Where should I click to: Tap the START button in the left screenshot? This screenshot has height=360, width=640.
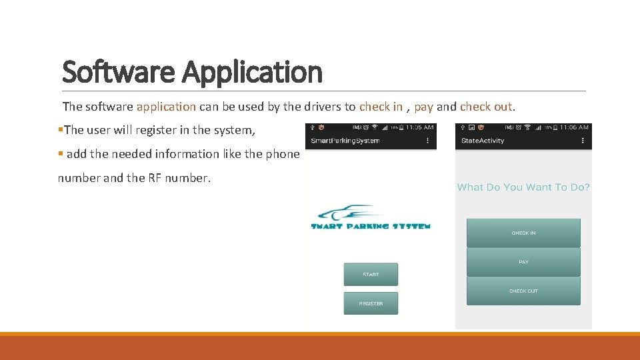(371, 275)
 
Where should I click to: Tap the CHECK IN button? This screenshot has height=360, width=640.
(523, 233)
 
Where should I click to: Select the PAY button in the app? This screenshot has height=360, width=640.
(523, 262)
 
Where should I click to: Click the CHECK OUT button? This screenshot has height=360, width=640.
(523, 291)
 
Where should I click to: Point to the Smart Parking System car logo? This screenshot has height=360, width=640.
(371, 217)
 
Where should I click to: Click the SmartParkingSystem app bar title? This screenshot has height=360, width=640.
(345, 141)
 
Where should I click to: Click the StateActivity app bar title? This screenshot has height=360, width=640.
(483, 141)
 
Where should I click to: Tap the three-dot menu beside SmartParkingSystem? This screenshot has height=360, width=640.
(427, 141)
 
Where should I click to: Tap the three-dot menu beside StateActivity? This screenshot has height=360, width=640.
(583, 141)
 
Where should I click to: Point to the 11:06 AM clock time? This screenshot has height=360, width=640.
(574, 127)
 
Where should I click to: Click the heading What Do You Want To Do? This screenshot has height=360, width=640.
(523, 187)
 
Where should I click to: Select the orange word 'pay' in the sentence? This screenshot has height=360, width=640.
(423, 107)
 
